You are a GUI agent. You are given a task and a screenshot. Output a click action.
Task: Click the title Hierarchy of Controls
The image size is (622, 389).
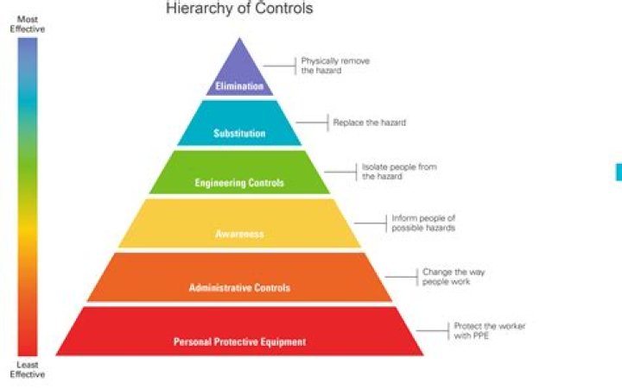tap(239, 9)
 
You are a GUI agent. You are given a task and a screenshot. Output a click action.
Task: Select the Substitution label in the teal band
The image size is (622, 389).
tap(239, 134)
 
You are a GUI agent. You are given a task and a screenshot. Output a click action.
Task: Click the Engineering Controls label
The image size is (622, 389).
tap(239, 183)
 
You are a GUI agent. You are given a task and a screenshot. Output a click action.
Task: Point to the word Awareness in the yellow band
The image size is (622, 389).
tap(239, 234)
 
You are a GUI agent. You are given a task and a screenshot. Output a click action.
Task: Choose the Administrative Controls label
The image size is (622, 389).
tap(239, 287)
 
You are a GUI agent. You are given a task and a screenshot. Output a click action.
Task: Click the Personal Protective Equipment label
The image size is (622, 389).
tap(239, 342)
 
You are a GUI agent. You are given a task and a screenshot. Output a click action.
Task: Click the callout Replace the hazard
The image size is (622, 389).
tap(369, 122)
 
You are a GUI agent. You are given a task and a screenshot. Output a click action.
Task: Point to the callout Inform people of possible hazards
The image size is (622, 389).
tap(423, 223)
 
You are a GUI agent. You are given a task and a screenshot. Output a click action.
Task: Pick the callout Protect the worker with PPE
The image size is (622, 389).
tap(489, 330)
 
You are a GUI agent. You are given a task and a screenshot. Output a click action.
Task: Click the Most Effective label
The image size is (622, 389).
tap(27, 23)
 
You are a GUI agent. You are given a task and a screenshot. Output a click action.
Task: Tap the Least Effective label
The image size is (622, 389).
tap(27, 369)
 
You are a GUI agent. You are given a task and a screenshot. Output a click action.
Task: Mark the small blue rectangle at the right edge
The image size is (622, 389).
tap(619, 172)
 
